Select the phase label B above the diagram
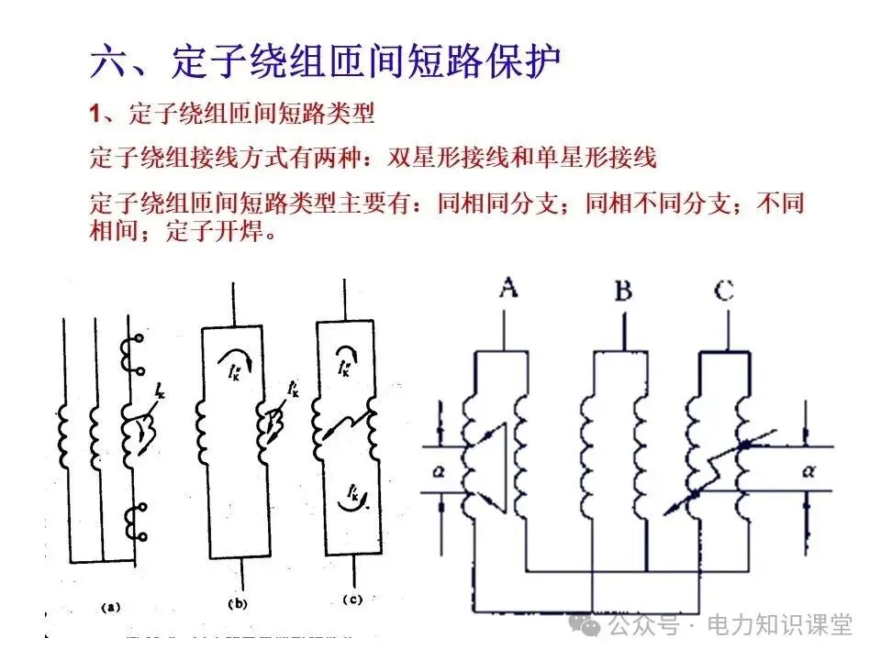[x=623, y=292]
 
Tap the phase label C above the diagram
[x=724, y=291]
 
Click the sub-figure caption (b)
[x=239, y=604]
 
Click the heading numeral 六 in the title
[x=110, y=61]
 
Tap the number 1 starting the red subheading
[x=95, y=115]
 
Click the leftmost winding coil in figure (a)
[x=64, y=435]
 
